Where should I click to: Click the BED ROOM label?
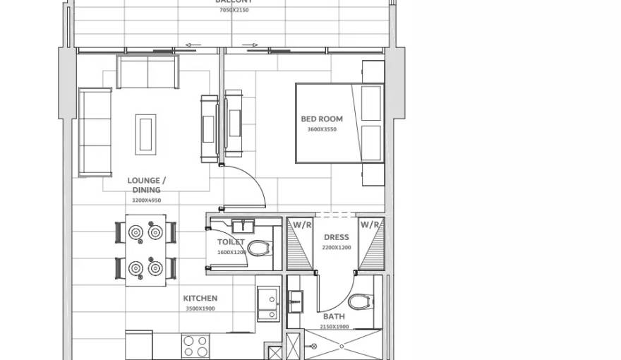click(321, 119)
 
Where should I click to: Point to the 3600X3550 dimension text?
click(321, 129)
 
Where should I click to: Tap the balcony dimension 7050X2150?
click(234, 10)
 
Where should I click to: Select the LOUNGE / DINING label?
click(147, 185)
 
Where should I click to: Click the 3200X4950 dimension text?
click(147, 200)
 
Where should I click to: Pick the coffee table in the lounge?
click(147, 133)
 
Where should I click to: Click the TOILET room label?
click(231, 242)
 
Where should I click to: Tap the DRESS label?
click(336, 238)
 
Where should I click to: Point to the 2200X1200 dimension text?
click(336, 248)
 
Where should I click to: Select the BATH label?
click(334, 317)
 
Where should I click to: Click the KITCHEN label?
click(200, 299)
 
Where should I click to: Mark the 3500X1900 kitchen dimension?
click(200, 308)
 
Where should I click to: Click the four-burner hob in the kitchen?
click(195, 345)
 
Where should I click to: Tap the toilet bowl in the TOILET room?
click(260, 248)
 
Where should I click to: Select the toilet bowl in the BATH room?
click(362, 302)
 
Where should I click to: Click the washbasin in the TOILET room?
click(243, 226)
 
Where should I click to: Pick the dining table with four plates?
click(146, 250)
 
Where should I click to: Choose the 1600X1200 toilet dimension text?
click(231, 252)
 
